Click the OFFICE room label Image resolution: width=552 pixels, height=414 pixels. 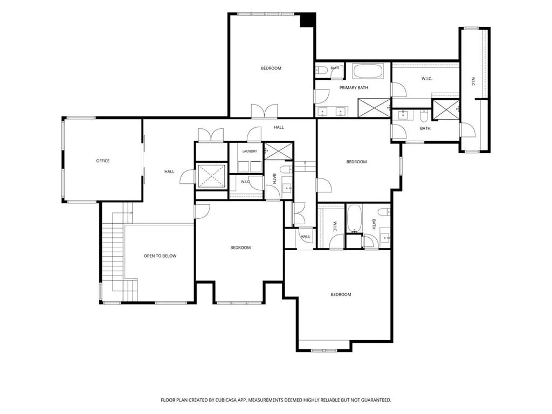tap(103, 161)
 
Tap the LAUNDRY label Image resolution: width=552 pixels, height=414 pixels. tap(250, 151)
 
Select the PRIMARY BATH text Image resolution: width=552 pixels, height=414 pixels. tap(354, 88)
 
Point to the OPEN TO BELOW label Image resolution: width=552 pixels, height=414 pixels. tap(160, 256)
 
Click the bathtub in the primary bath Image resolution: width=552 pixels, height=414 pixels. tap(368, 71)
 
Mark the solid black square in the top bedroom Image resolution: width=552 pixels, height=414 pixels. tap(307, 19)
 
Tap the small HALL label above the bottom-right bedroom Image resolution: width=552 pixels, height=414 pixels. tap(305, 237)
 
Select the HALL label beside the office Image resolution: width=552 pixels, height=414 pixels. tap(169, 172)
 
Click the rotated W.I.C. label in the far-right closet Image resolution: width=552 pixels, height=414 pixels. tap(473, 81)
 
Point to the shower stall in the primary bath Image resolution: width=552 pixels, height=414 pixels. tap(374, 108)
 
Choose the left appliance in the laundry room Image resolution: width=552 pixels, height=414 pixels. tap(243, 167)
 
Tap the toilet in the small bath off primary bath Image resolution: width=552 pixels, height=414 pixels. tap(321, 71)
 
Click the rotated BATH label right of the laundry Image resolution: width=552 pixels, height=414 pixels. tap(274, 178)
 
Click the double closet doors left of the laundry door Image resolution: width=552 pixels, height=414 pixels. tap(211, 135)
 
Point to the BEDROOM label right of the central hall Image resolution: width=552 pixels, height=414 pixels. tap(356, 162)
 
